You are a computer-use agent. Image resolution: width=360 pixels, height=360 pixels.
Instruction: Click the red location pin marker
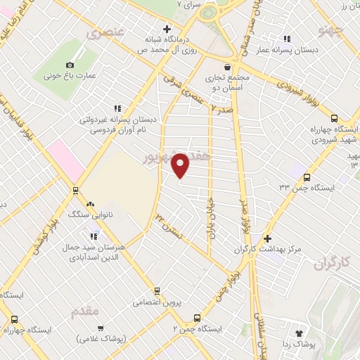(x=181, y=165)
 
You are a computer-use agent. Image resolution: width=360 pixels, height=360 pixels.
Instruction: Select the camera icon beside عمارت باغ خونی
(x=69, y=65)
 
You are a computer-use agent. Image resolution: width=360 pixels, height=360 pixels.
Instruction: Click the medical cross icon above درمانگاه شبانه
(x=167, y=30)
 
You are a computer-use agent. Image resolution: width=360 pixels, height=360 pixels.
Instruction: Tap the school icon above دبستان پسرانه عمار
(x=286, y=39)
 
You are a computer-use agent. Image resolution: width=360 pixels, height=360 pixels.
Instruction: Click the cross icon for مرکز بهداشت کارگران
(x=266, y=238)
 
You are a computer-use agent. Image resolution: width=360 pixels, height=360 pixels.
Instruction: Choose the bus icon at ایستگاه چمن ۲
(x=197, y=318)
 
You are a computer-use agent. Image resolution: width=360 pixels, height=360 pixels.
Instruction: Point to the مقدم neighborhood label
(x=85, y=310)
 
